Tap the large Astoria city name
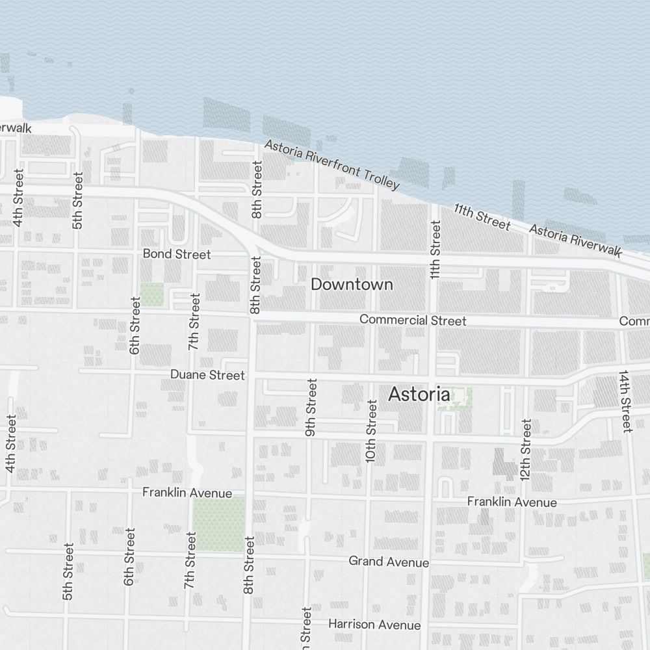419,395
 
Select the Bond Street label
177,253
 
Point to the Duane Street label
207,375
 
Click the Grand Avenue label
389,561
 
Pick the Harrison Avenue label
374,625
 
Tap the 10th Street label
371,431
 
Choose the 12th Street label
526,449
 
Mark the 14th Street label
625,401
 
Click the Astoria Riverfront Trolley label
331,165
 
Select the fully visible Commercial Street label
413,320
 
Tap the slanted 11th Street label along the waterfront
482,216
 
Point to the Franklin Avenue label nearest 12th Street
512,502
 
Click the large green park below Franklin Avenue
219,524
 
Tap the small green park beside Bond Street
152,294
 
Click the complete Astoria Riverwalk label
575,240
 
